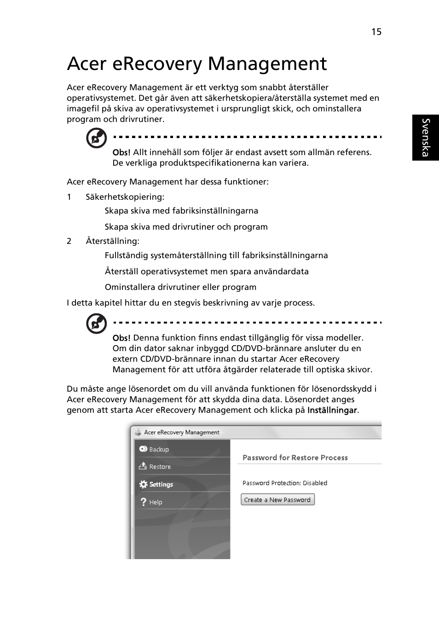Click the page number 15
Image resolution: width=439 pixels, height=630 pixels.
click(376, 32)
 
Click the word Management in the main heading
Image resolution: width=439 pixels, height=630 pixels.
click(267, 64)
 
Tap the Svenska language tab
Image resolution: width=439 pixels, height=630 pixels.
click(426, 138)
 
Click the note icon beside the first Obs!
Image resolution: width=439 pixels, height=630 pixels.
click(97, 138)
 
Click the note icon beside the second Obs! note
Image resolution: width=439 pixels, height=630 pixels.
click(97, 324)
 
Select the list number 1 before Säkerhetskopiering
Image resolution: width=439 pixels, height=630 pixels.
click(69, 197)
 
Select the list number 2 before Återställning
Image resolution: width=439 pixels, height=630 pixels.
click(69, 241)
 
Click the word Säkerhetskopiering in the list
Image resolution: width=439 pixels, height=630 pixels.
click(125, 197)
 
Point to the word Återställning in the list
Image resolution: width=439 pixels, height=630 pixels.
click(112, 241)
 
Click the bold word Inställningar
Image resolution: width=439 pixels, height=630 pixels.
click(332, 410)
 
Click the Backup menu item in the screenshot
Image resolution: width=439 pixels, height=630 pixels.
click(159, 450)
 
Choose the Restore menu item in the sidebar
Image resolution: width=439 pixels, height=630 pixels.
click(160, 467)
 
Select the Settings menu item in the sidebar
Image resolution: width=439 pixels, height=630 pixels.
click(161, 485)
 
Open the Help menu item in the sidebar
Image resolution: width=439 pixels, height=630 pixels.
click(156, 502)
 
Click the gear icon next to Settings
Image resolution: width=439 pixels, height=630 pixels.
click(143, 484)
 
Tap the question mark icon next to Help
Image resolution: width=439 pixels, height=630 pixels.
click(143, 502)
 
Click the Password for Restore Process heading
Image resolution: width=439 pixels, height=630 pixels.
click(295, 457)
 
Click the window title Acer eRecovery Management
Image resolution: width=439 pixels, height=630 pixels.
click(181, 432)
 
